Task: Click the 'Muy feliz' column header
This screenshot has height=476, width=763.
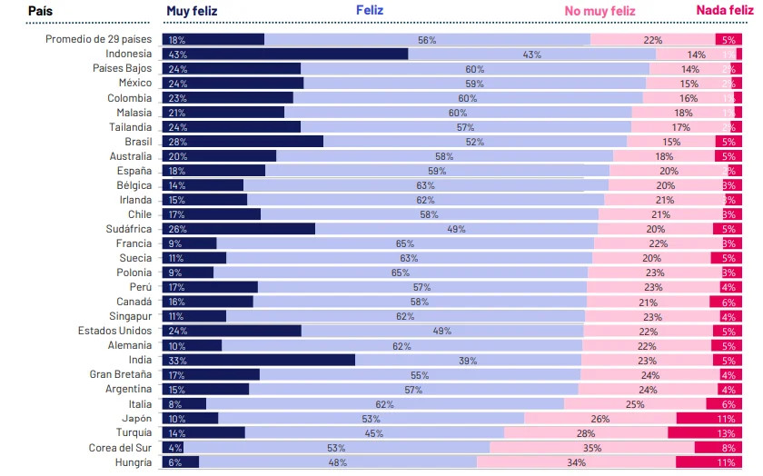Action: point(192,11)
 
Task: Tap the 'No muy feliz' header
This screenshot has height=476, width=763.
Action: point(599,11)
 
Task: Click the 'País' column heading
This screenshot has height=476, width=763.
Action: point(39,11)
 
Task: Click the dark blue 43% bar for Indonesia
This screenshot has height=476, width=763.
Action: point(285,55)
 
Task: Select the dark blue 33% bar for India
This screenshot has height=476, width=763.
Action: point(259,360)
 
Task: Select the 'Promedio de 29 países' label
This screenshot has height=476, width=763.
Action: point(99,40)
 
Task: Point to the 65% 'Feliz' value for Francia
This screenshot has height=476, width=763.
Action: point(404,243)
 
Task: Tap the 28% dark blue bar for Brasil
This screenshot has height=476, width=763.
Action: point(243,142)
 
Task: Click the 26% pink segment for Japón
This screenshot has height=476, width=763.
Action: point(600,418)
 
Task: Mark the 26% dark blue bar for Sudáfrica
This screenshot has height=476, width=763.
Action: point(239,229)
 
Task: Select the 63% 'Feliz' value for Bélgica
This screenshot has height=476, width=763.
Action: point(425,185)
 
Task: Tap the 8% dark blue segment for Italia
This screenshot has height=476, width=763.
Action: point(184,403)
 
